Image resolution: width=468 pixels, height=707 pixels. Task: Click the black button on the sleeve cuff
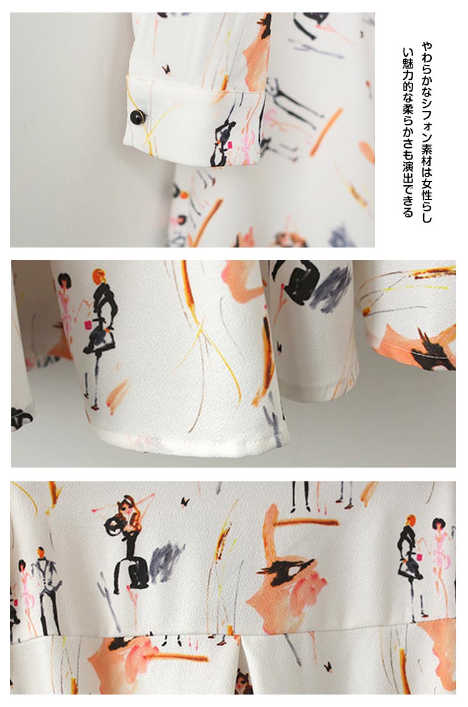click(x=137, y=117)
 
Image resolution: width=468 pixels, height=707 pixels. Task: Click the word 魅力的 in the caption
click(x=408, y=74)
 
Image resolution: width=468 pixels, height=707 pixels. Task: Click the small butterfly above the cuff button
click(x=166, y=69)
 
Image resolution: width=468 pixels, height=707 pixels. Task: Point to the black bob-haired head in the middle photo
click(x=64, y=281)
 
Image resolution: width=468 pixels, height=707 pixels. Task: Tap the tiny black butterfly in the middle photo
click(x=280, y=347)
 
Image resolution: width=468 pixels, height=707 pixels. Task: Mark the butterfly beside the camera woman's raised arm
click(x=185, y=501)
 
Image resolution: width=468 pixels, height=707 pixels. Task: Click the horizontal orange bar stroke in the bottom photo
click(x=308, y=522)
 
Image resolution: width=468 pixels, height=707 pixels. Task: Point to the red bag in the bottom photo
click(x=419, y=557)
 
